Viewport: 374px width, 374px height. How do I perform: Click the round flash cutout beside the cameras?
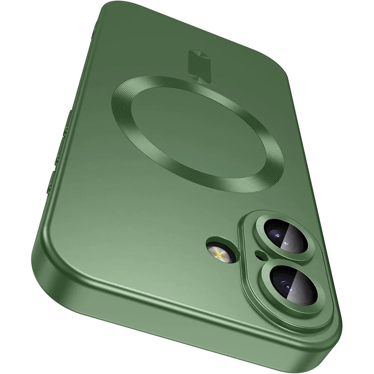218,251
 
